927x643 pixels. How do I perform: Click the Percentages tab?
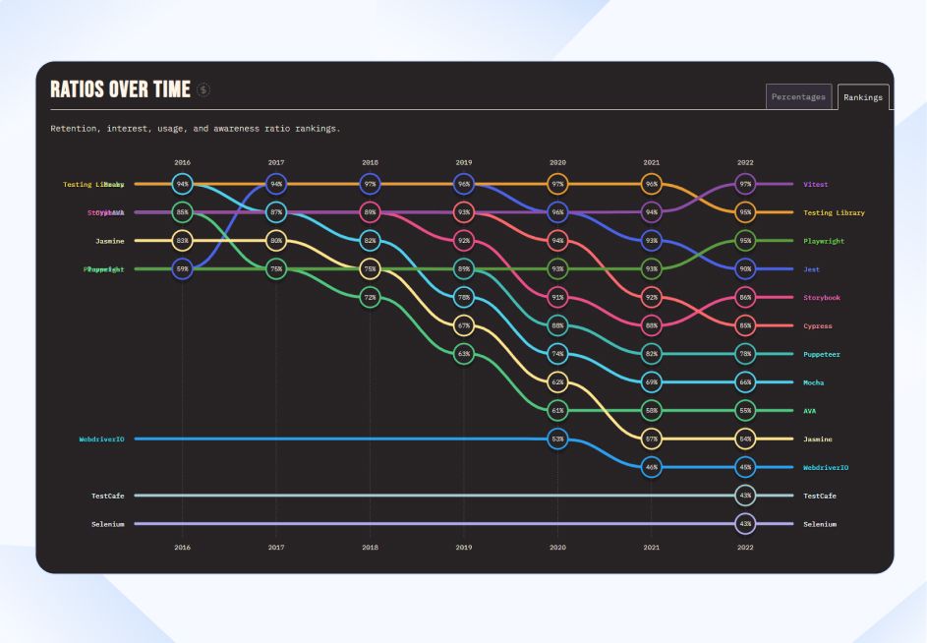[x=798, y=96]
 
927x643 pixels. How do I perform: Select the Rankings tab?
[x=863, y=97]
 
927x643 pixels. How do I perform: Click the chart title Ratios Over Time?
[x=120, y=89]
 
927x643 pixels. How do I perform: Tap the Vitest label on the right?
[x=815, y=184]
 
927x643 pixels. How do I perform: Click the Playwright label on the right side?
[x=824, y=241]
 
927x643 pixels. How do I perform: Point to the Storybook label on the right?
[x=822, y=297]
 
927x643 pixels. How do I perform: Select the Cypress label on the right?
[x=817, y=325]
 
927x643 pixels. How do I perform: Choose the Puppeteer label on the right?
[x=822, y=354]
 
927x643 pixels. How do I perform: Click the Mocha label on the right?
[x=813, y=382]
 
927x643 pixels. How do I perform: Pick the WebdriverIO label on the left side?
[x=101, y=438]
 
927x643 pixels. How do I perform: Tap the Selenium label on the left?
[x=107, y=524]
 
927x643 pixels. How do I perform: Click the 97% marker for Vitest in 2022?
[x=745, y=184]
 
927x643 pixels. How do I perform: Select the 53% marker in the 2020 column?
[x=557, y=438]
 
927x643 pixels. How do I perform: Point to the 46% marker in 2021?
[x=652, y=467]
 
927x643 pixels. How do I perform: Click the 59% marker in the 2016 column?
[x=182, y=268]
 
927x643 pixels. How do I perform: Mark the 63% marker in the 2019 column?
[x=464, y=353]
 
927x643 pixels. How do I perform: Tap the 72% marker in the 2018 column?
[x=370, y=297]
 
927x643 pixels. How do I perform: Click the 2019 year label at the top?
[x=464, y=161]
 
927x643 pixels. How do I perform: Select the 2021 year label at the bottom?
[x=652, y=547]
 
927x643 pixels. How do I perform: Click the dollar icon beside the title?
[x=203, y=89]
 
